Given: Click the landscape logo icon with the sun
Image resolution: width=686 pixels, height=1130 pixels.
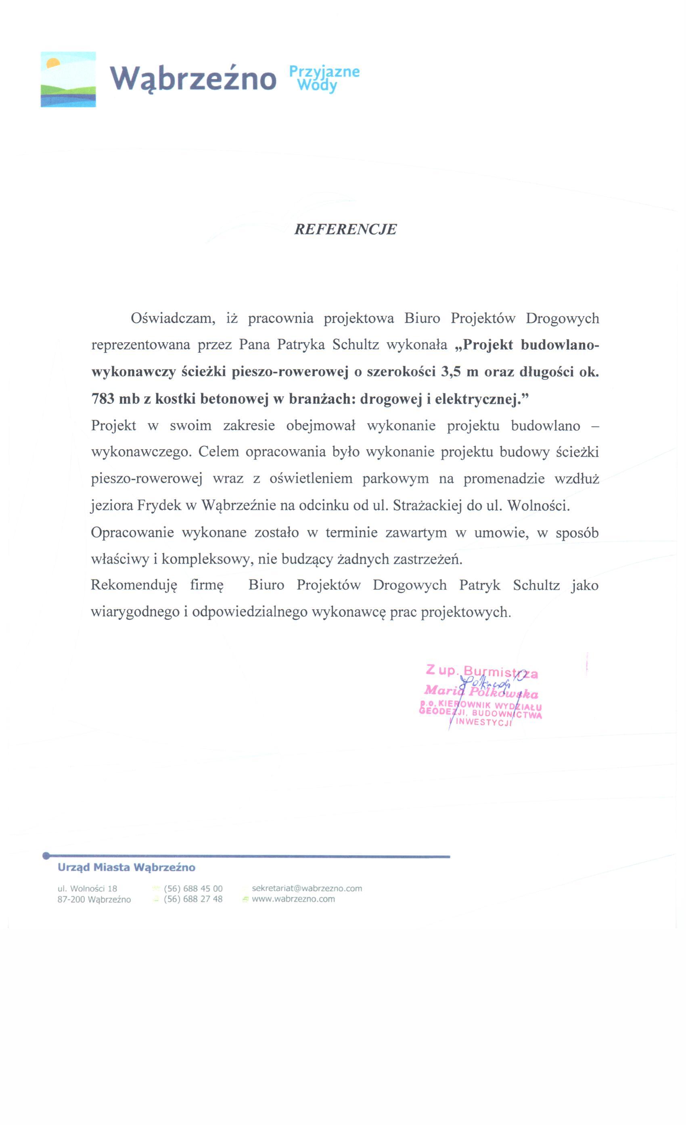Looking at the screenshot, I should (68, 80).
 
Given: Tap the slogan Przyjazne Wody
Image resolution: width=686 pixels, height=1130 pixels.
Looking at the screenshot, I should (324, 78).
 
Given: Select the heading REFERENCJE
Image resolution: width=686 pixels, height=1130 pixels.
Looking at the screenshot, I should (345, 229).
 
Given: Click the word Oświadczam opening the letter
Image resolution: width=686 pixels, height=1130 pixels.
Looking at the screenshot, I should (173, 318).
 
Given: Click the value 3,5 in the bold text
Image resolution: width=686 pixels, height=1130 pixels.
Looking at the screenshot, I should (450, 372).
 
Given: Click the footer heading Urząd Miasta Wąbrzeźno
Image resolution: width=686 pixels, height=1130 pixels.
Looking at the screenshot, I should (126, 868).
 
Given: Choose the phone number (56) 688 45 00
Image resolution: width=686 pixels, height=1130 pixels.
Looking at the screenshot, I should (193, 889).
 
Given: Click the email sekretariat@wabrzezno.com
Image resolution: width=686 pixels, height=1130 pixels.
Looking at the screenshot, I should (307, 889).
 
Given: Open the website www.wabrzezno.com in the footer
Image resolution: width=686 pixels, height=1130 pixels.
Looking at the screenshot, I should (293, 899).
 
